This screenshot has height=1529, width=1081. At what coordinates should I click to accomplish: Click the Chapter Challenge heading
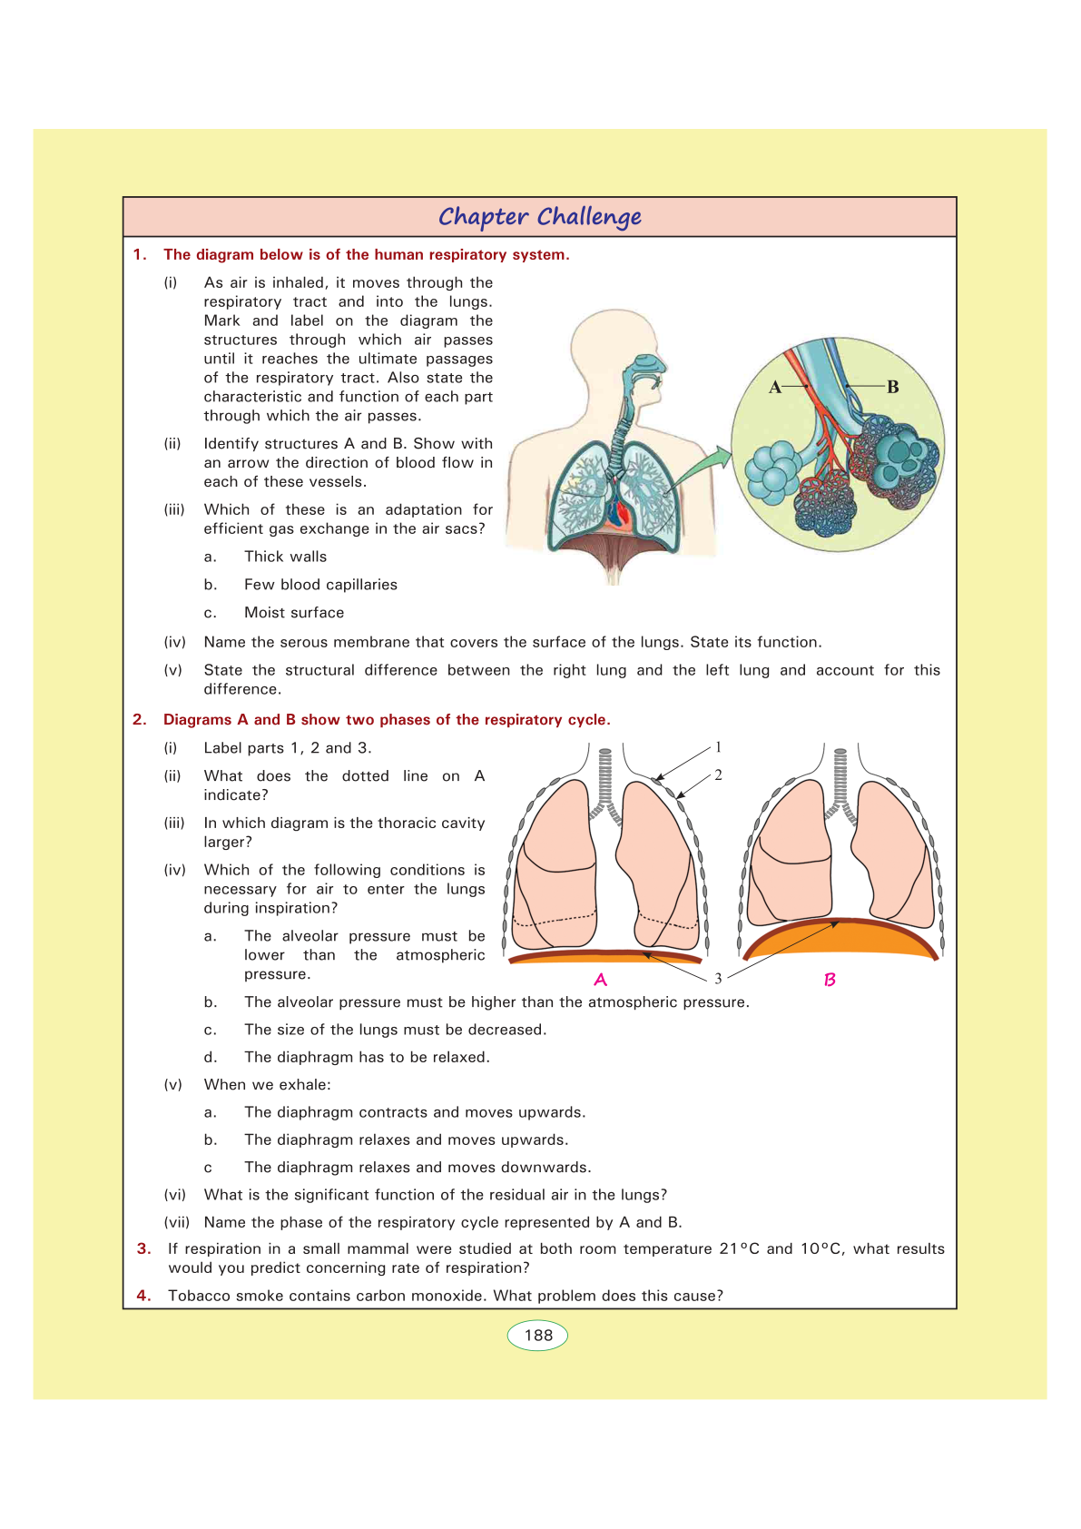(540, 217)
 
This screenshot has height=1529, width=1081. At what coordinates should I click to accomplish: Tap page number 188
(538, 1336)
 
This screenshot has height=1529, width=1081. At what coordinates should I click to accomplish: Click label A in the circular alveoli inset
(775, 388)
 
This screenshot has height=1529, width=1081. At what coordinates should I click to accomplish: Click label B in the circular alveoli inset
(893, 387)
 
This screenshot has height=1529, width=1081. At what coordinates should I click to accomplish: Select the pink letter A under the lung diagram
(600, 980)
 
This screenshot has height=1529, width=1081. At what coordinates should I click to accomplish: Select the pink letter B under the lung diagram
(830, 980)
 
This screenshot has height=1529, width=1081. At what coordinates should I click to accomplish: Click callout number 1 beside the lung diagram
(718, 747)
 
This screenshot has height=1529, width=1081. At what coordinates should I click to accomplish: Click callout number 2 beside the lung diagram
(718, 774)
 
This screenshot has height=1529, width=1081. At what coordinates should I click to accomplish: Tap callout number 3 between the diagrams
(718, 978)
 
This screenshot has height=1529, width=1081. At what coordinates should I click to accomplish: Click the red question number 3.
(143, 1249)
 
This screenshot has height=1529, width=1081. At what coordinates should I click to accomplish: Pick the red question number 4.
(143, 1296)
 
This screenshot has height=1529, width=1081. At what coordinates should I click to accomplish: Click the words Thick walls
(285, 557)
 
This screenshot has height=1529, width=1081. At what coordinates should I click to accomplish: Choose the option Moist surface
(294, 613)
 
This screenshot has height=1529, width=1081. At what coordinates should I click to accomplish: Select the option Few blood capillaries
(320, 585)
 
